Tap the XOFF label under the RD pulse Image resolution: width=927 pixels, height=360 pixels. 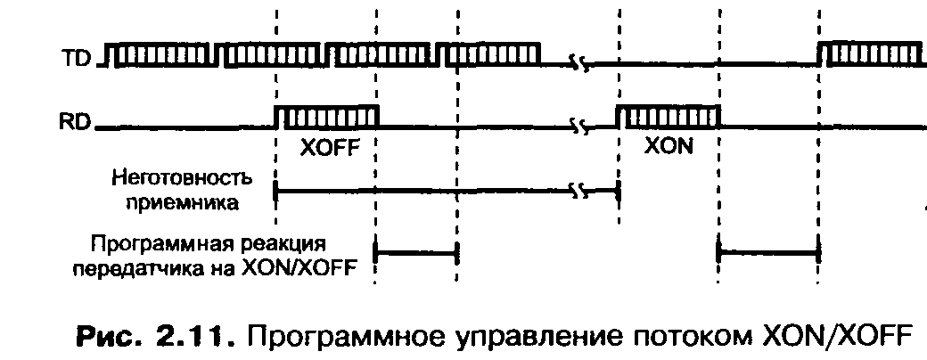click(x=328, y=148)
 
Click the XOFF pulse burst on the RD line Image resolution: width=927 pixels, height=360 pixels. click(x=326, y=117)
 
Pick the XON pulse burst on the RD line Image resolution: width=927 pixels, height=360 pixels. click(x=668, y=117)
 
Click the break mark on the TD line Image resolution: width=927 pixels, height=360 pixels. click(x=580, y=64)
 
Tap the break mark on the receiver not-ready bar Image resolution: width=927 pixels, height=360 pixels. click(x=581, y=190)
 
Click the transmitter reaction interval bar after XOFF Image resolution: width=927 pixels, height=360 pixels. click(x=417, y=253)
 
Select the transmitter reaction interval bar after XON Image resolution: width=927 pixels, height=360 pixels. click(x=768, y=253)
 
